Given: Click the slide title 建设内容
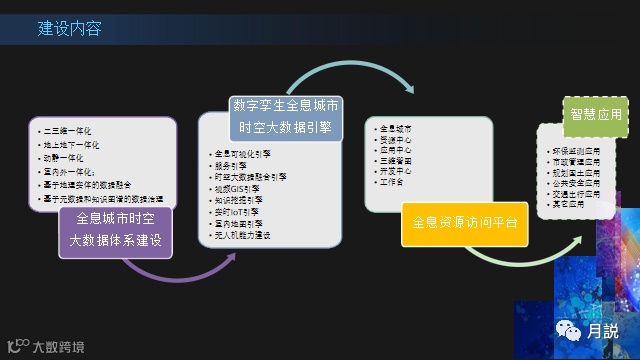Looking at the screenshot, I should point(70,29).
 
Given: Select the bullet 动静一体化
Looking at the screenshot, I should point(64,158).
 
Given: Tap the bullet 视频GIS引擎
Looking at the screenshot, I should point(236,186).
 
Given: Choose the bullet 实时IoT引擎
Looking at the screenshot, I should point(236,212).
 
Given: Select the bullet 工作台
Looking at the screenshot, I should point(392,183).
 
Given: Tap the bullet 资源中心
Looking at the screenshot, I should point(395,139).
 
